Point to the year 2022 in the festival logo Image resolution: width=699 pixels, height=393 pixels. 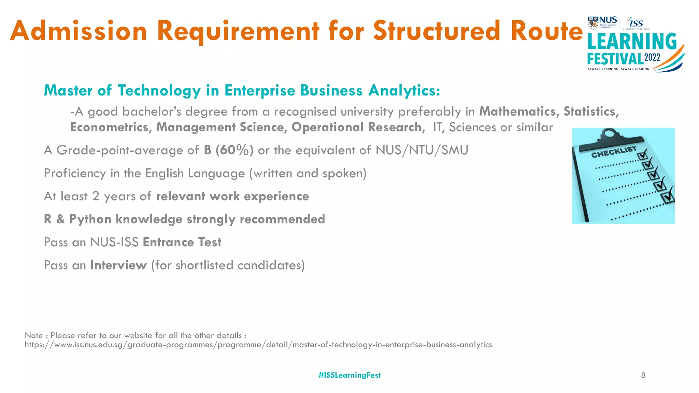tap(652, 57)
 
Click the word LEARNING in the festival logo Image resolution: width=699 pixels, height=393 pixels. tap(632, 42)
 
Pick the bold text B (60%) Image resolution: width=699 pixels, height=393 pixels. tap(228, 150)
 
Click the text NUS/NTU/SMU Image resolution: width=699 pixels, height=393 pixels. tap(422, 150)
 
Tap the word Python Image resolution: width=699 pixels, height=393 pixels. tap(90, 219)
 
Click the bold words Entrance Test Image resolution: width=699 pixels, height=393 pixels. tap(182, 242)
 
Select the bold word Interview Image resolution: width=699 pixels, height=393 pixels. tap(118, 265)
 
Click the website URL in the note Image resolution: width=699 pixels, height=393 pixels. tap(258, 345)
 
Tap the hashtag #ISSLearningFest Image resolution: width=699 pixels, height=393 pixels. tap(349, 375)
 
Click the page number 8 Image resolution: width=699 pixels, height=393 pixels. tap(643, 375)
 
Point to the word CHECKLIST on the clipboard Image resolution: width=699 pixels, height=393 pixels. tap(614, 152)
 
